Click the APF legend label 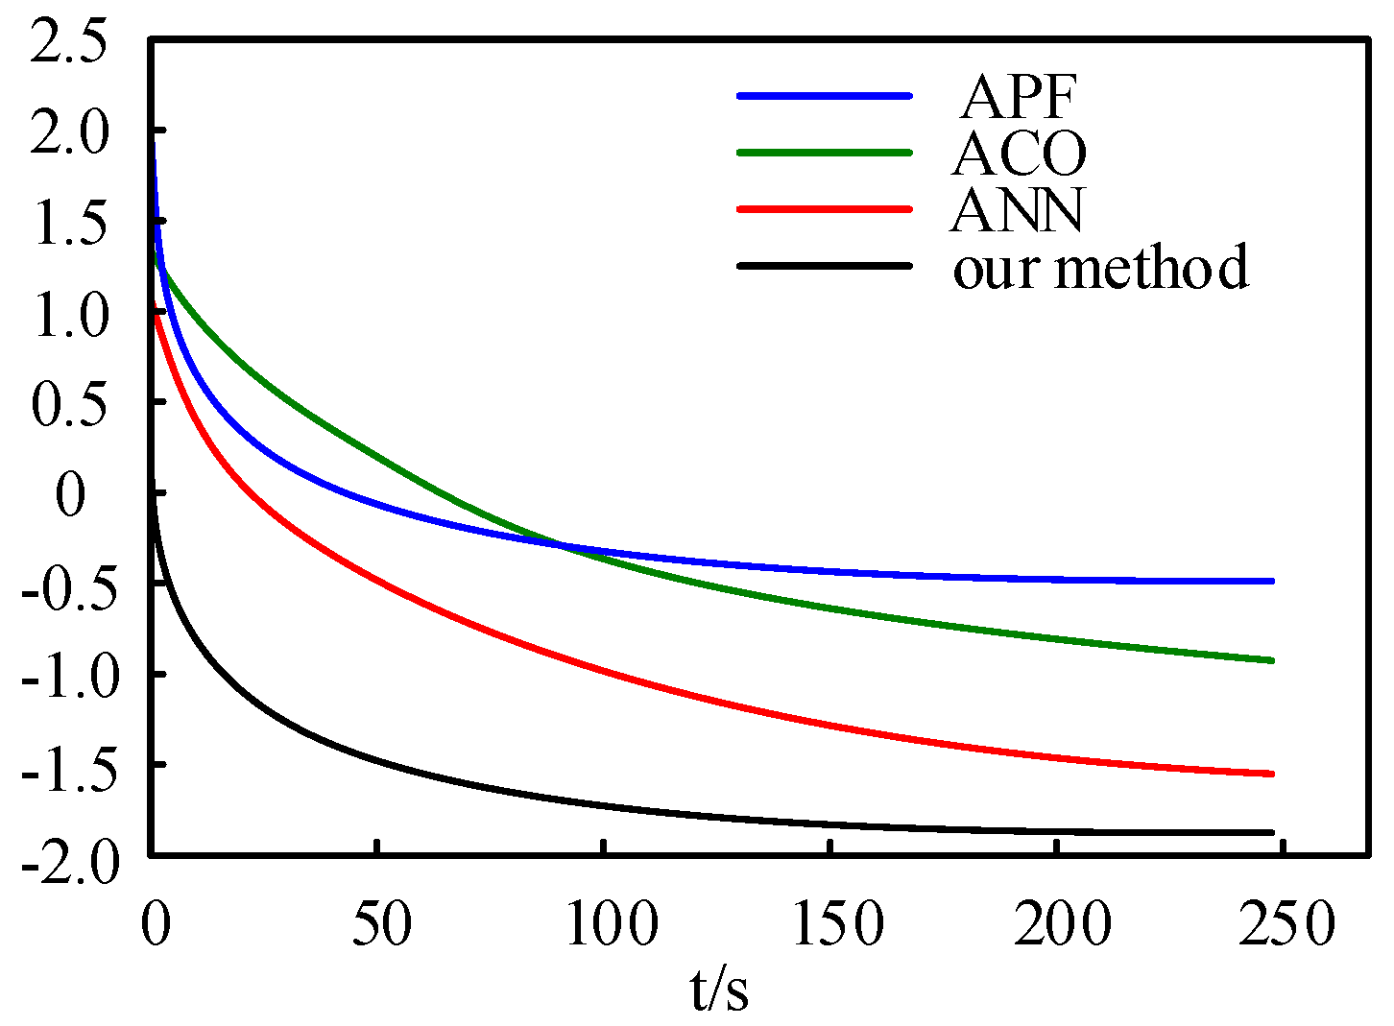[x=1019, y=95]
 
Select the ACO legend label [x=1019, y=153]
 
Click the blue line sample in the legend [x=823, y=95]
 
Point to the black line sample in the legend [x=823, y=265]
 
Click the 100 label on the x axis [x=611, y=923]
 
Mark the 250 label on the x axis [x=1286, y=923]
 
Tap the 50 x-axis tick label [x=382, y=923]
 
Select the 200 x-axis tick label [x=1063, y=923]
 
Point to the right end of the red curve [x=1271, y=774]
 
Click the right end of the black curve [x=1271, y=832]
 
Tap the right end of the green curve [x=1271, y=660]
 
